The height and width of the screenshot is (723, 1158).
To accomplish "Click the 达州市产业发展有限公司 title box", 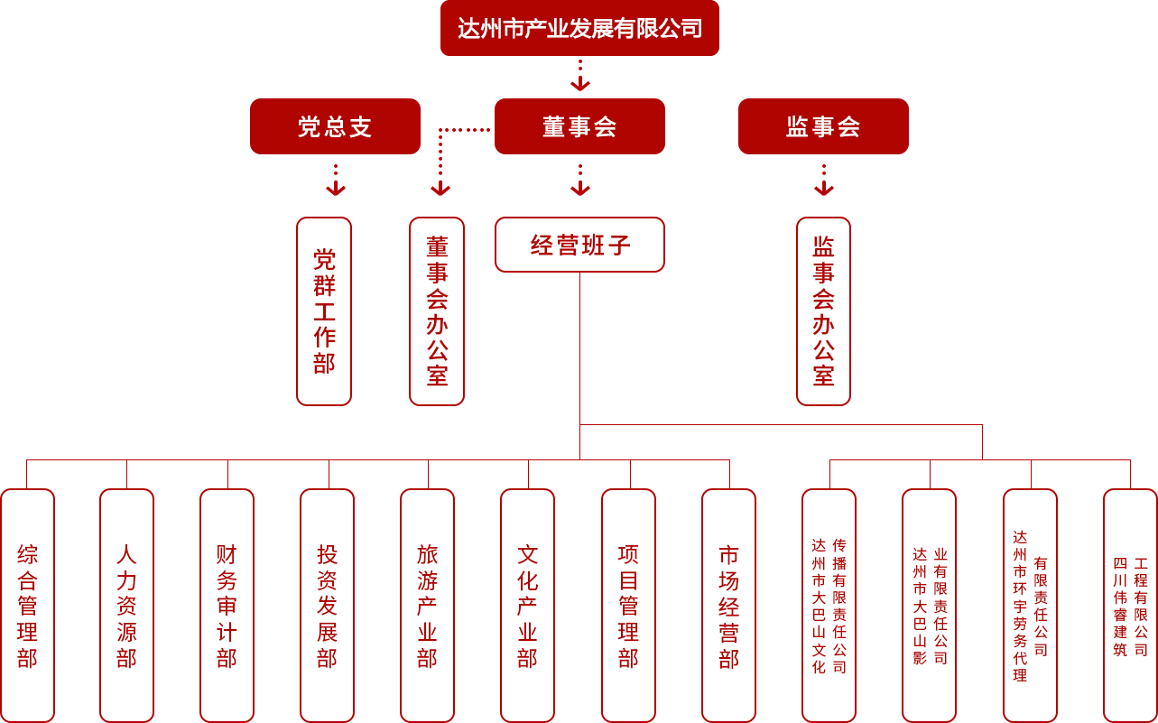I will click(579, 29).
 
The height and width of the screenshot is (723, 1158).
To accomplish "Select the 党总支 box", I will click(334, 126).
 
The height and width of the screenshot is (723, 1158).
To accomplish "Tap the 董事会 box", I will click(579, 126).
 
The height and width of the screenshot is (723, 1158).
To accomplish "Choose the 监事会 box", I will click(822, 126).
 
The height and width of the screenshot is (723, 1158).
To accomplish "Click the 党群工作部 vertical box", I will click(324, 311).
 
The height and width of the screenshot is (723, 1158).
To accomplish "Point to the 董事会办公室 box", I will click(437, 311).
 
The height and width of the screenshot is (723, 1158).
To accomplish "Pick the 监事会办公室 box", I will click(823, 311).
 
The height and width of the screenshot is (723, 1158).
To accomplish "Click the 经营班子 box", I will click(579, 245).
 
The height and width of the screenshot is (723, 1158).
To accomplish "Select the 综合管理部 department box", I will click(27, 606).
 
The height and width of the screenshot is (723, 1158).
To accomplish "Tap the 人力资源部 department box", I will click(126, 606).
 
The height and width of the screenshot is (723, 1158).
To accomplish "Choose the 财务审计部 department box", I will click(227, 606).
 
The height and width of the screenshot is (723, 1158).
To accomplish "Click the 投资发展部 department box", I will click(327, 606).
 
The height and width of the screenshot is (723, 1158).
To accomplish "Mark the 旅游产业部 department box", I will click(427, 606).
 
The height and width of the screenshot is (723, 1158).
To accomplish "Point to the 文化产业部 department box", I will click(527, 606).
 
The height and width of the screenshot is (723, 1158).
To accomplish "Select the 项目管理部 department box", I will click(628, 606).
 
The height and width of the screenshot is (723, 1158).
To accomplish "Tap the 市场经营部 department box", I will click(728, 606).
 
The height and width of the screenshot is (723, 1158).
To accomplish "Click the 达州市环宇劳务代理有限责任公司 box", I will click(1030, 606).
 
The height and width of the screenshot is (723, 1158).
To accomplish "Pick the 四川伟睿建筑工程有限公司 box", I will click(1130, 606).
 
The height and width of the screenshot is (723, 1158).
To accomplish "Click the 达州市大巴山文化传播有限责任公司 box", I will click(829, 606).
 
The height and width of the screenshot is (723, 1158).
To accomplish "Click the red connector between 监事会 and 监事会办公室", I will click(823, 180).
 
